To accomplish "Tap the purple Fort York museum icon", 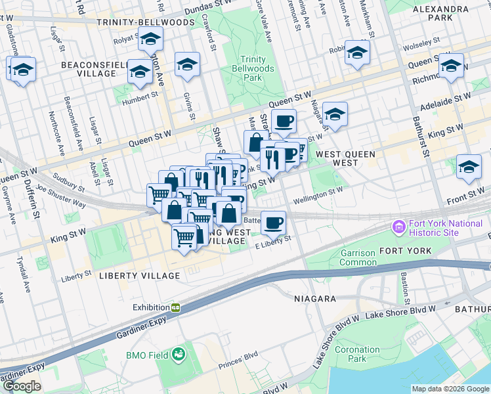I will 398,228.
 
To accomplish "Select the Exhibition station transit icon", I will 176,307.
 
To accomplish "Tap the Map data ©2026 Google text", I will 450,389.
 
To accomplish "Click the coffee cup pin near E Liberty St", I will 273,223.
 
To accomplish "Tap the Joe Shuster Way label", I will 60,196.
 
